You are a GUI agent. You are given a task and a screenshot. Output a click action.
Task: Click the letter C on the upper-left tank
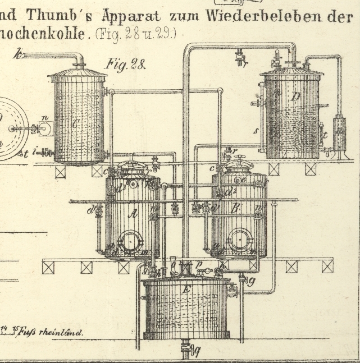click(75, 125)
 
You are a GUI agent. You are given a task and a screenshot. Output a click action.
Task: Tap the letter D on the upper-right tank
click(295, 97)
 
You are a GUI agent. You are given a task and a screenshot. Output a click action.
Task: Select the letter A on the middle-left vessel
click(134, 214)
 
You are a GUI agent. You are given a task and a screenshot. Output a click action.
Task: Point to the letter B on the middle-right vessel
click(236, 209)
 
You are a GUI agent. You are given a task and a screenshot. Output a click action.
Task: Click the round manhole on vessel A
click(132, 242)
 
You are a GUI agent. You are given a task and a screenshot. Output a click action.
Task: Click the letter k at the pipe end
click(20, 54)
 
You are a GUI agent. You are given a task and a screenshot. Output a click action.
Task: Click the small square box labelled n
click(45, 128)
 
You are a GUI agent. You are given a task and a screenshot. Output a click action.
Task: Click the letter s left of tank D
click(256, 131)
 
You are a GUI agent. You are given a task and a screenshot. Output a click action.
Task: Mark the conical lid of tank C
click(78, 73)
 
